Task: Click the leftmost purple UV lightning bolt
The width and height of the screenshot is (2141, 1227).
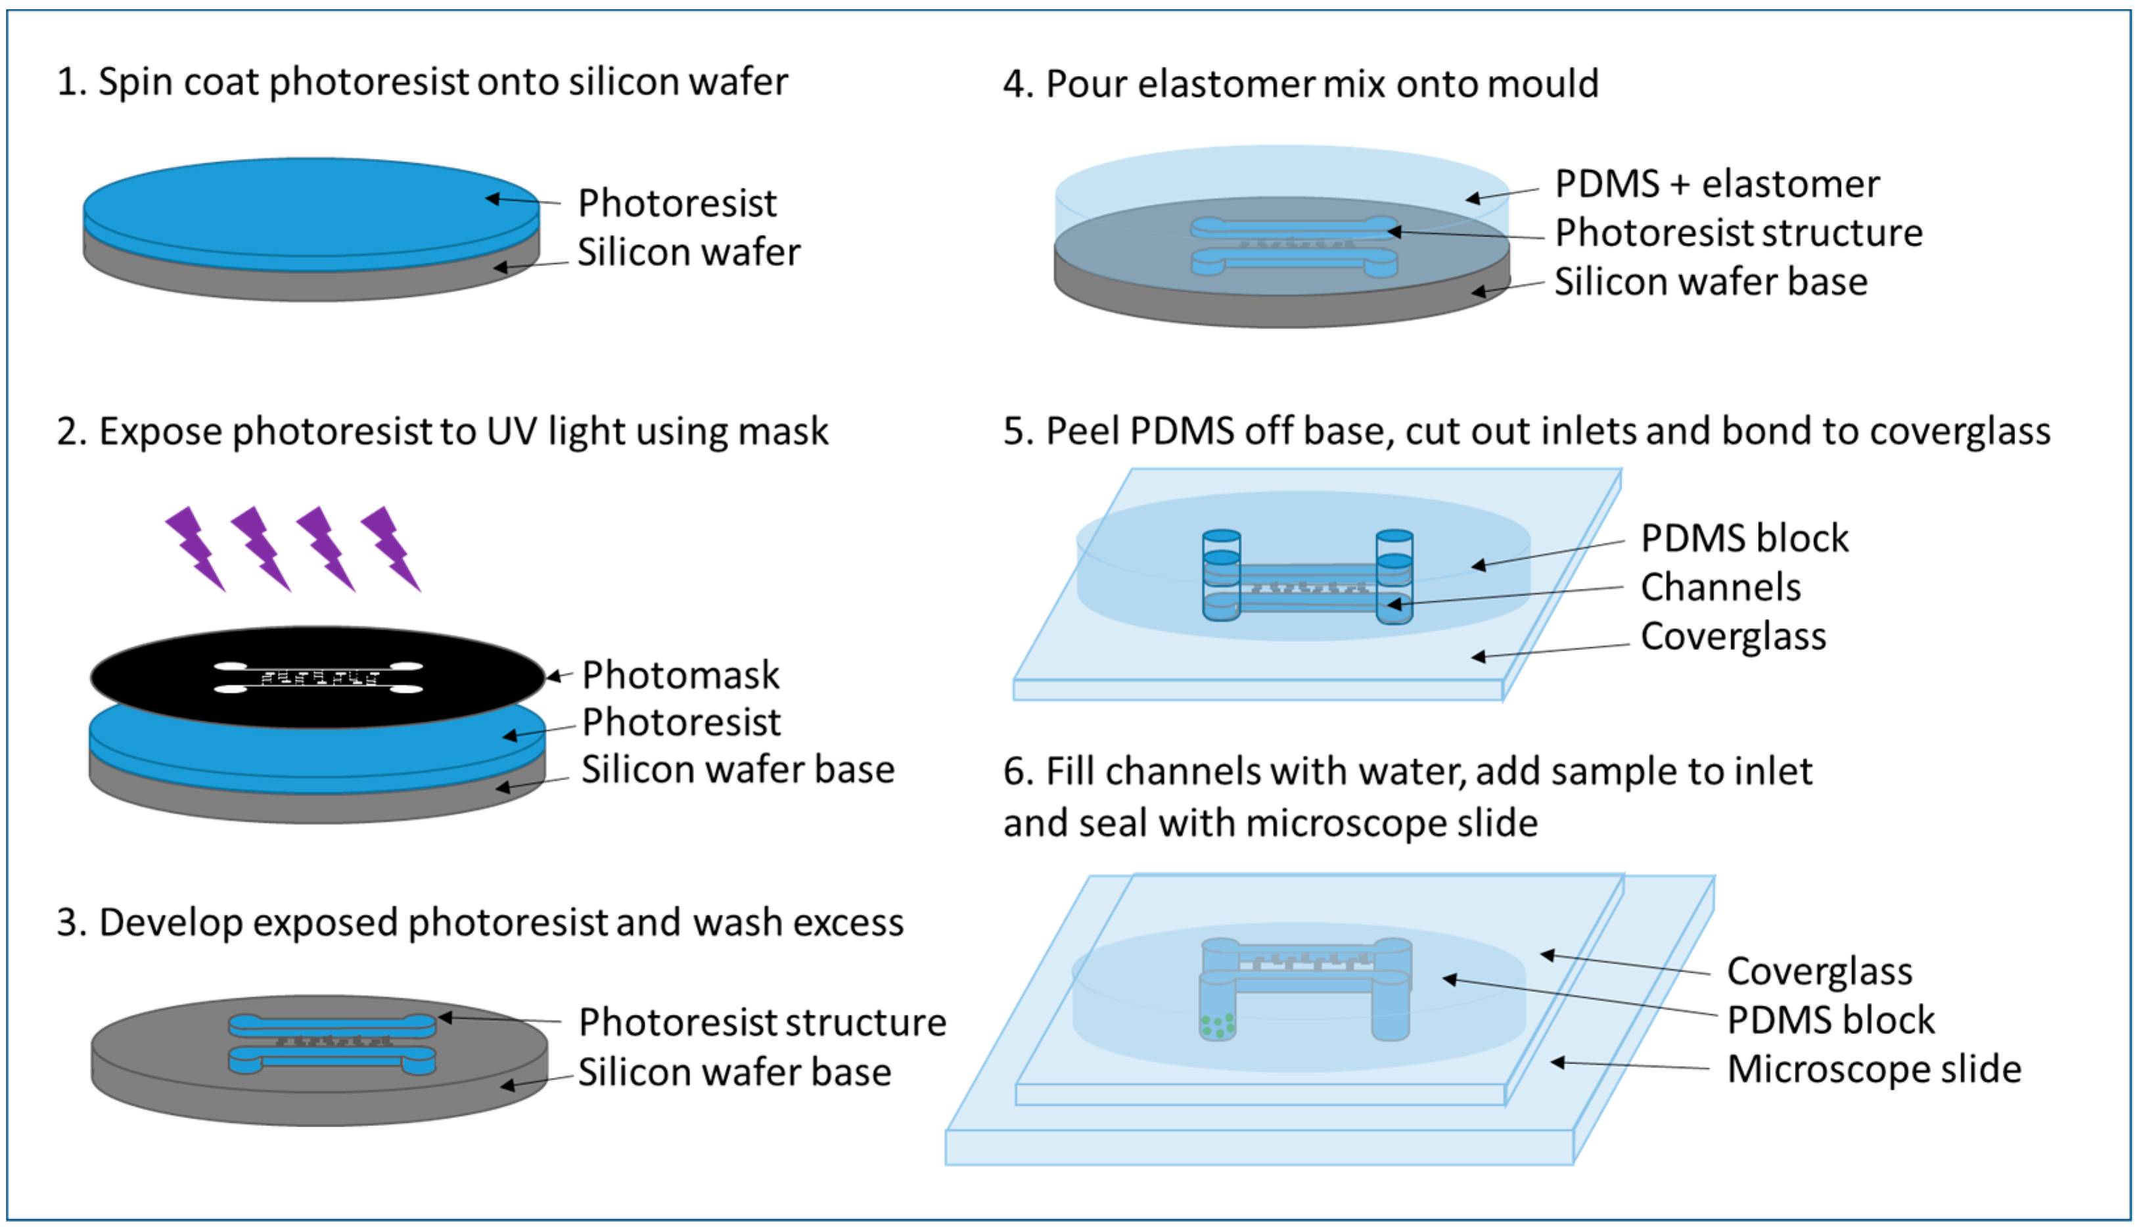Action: tap(195, 547)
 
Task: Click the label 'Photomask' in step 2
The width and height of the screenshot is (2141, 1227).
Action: tap(680, 675)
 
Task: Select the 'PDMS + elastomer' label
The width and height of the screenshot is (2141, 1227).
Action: tap(1716, 185)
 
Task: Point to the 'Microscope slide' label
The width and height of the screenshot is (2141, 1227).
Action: tap(1873, 1069)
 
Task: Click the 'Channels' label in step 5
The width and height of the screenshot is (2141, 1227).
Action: tap(1720, 588)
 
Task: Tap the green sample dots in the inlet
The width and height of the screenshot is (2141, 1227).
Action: tap(1218, 1026)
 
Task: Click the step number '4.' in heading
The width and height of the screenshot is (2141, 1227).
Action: tap(1017, 84)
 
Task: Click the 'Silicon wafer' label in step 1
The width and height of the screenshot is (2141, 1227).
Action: tap(689, 252)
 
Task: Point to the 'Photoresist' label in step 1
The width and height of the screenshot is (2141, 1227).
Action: tap(677, 203)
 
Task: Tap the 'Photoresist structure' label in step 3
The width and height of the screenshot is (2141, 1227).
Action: tap(762, 1022)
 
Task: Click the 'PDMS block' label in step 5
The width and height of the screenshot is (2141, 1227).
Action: tap(1744, 538)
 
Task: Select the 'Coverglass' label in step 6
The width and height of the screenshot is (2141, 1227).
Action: tap(1819, 971)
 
